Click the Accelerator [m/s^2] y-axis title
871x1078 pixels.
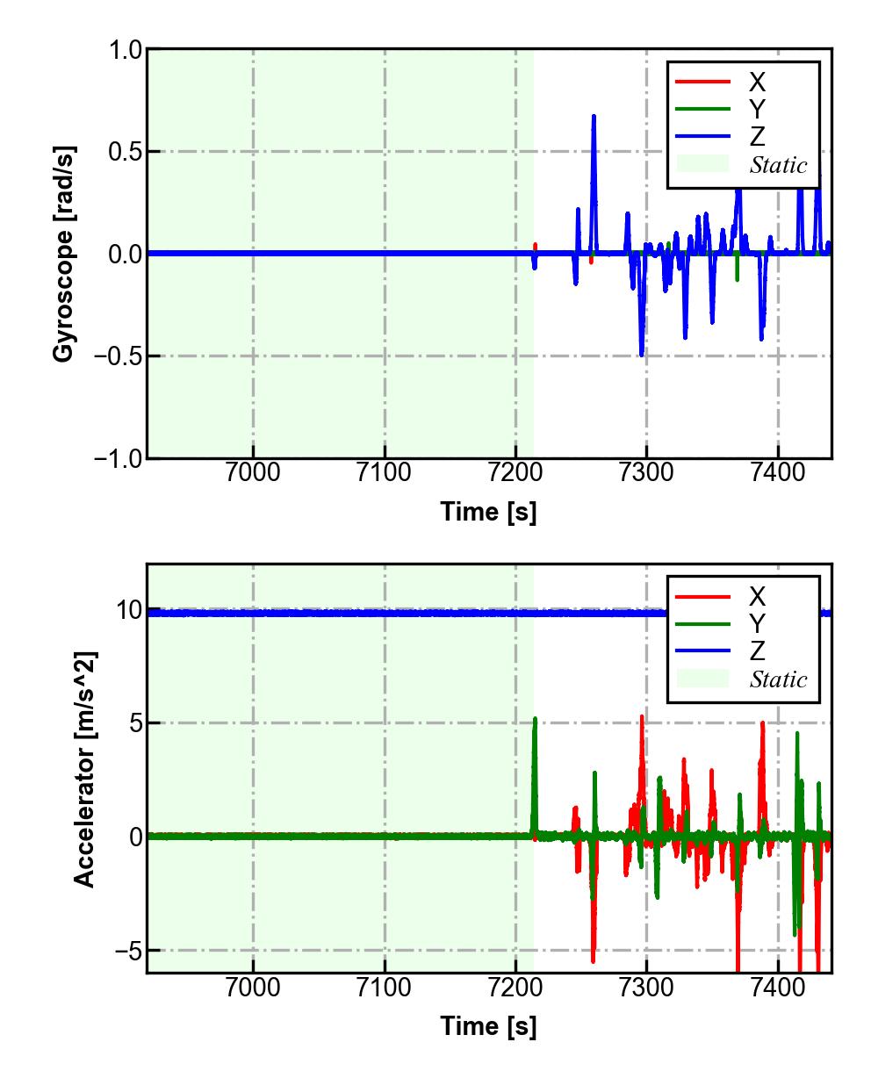[85, 769]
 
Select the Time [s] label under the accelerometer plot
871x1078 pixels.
[488, 1025]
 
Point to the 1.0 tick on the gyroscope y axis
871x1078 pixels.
[125, 50]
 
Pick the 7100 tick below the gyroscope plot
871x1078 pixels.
[385, 472]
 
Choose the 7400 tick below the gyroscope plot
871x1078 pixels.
[778, 472]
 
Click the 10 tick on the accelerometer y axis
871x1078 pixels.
[128, 609]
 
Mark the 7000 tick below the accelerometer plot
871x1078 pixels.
[253, 987]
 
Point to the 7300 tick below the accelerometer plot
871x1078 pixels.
[646, 987]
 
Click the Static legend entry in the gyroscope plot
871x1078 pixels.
[778, 165]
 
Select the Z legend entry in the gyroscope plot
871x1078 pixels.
[756, 137]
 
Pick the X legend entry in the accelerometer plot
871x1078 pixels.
[756, 597]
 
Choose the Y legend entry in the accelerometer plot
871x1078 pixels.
[756, 624]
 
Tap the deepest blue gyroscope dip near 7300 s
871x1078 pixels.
[642, 353]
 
